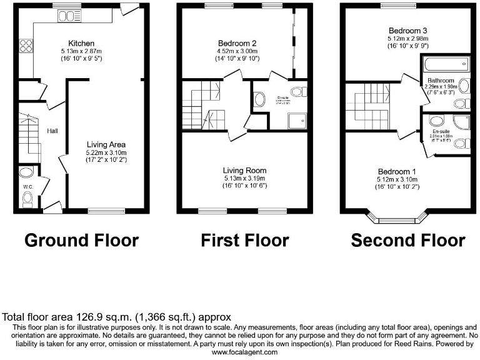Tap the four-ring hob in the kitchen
click(x=27, y=45)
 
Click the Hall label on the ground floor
click(x=53, y=131)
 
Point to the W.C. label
click(x=27, y=186)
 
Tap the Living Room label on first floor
click(x=244, y=170)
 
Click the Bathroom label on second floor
click(x=441, y=81)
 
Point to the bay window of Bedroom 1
click(x=397, y=219)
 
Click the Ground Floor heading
click(x=81, y=241)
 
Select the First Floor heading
click(x=244, y=241)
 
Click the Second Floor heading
click(x=407, y=241)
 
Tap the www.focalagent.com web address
click(x=240, y=352)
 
